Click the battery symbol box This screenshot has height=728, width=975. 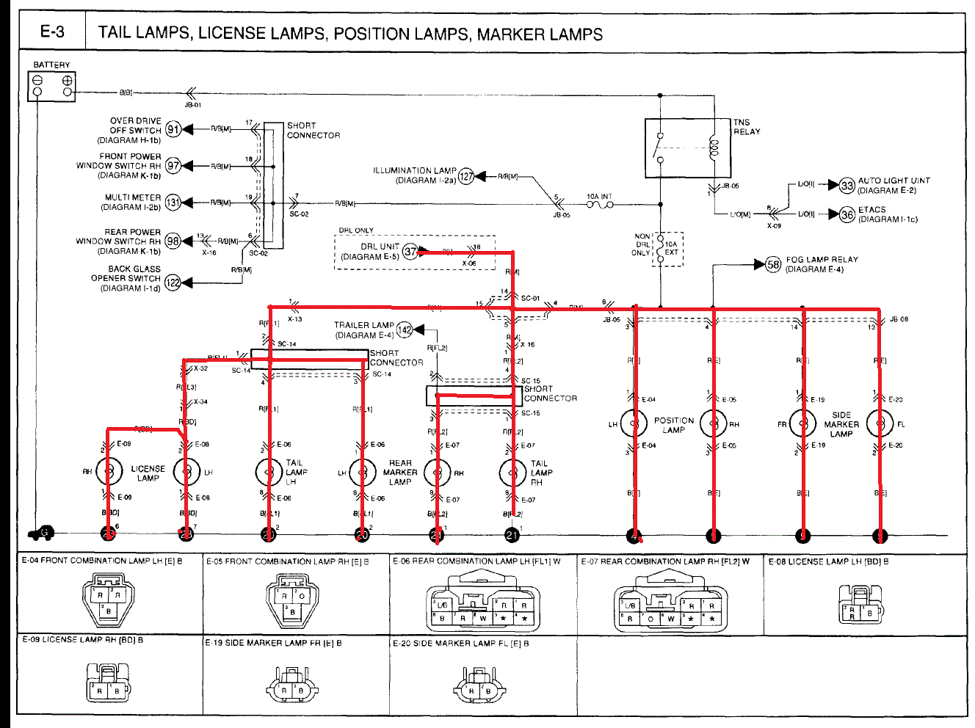(x=52, y=86)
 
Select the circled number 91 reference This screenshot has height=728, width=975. (x=173, y=130)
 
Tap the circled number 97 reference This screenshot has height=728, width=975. (x=173, y=166)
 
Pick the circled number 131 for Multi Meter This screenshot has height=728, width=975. (x=173, y=203)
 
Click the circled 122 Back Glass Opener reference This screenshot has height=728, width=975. (x=173, y=283)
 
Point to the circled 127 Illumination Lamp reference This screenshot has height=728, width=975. (x=466, y=176)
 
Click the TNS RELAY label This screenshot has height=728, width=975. (x=747, y=127)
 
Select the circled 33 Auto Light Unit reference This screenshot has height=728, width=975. (x=847, y=186)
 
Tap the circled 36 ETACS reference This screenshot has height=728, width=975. (x=847, y=214)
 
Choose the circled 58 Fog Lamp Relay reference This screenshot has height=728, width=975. (x=773, y=265)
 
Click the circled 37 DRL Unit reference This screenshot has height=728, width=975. (x=410, y=252)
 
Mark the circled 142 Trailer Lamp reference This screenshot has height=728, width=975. (x=405, y=330)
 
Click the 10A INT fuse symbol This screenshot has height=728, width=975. (x=599, y=205)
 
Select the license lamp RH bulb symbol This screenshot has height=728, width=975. (x=109, y=470)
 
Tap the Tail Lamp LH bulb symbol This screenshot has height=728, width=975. (x=269, y=472)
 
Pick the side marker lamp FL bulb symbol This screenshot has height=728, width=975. (x=880, y=423)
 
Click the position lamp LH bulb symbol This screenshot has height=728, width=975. (x=634, y=423)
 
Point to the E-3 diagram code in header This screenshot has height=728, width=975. (x=52, y=32)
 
